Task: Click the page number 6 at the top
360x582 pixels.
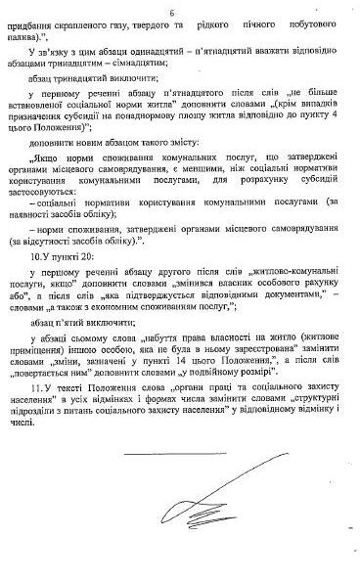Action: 184,11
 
